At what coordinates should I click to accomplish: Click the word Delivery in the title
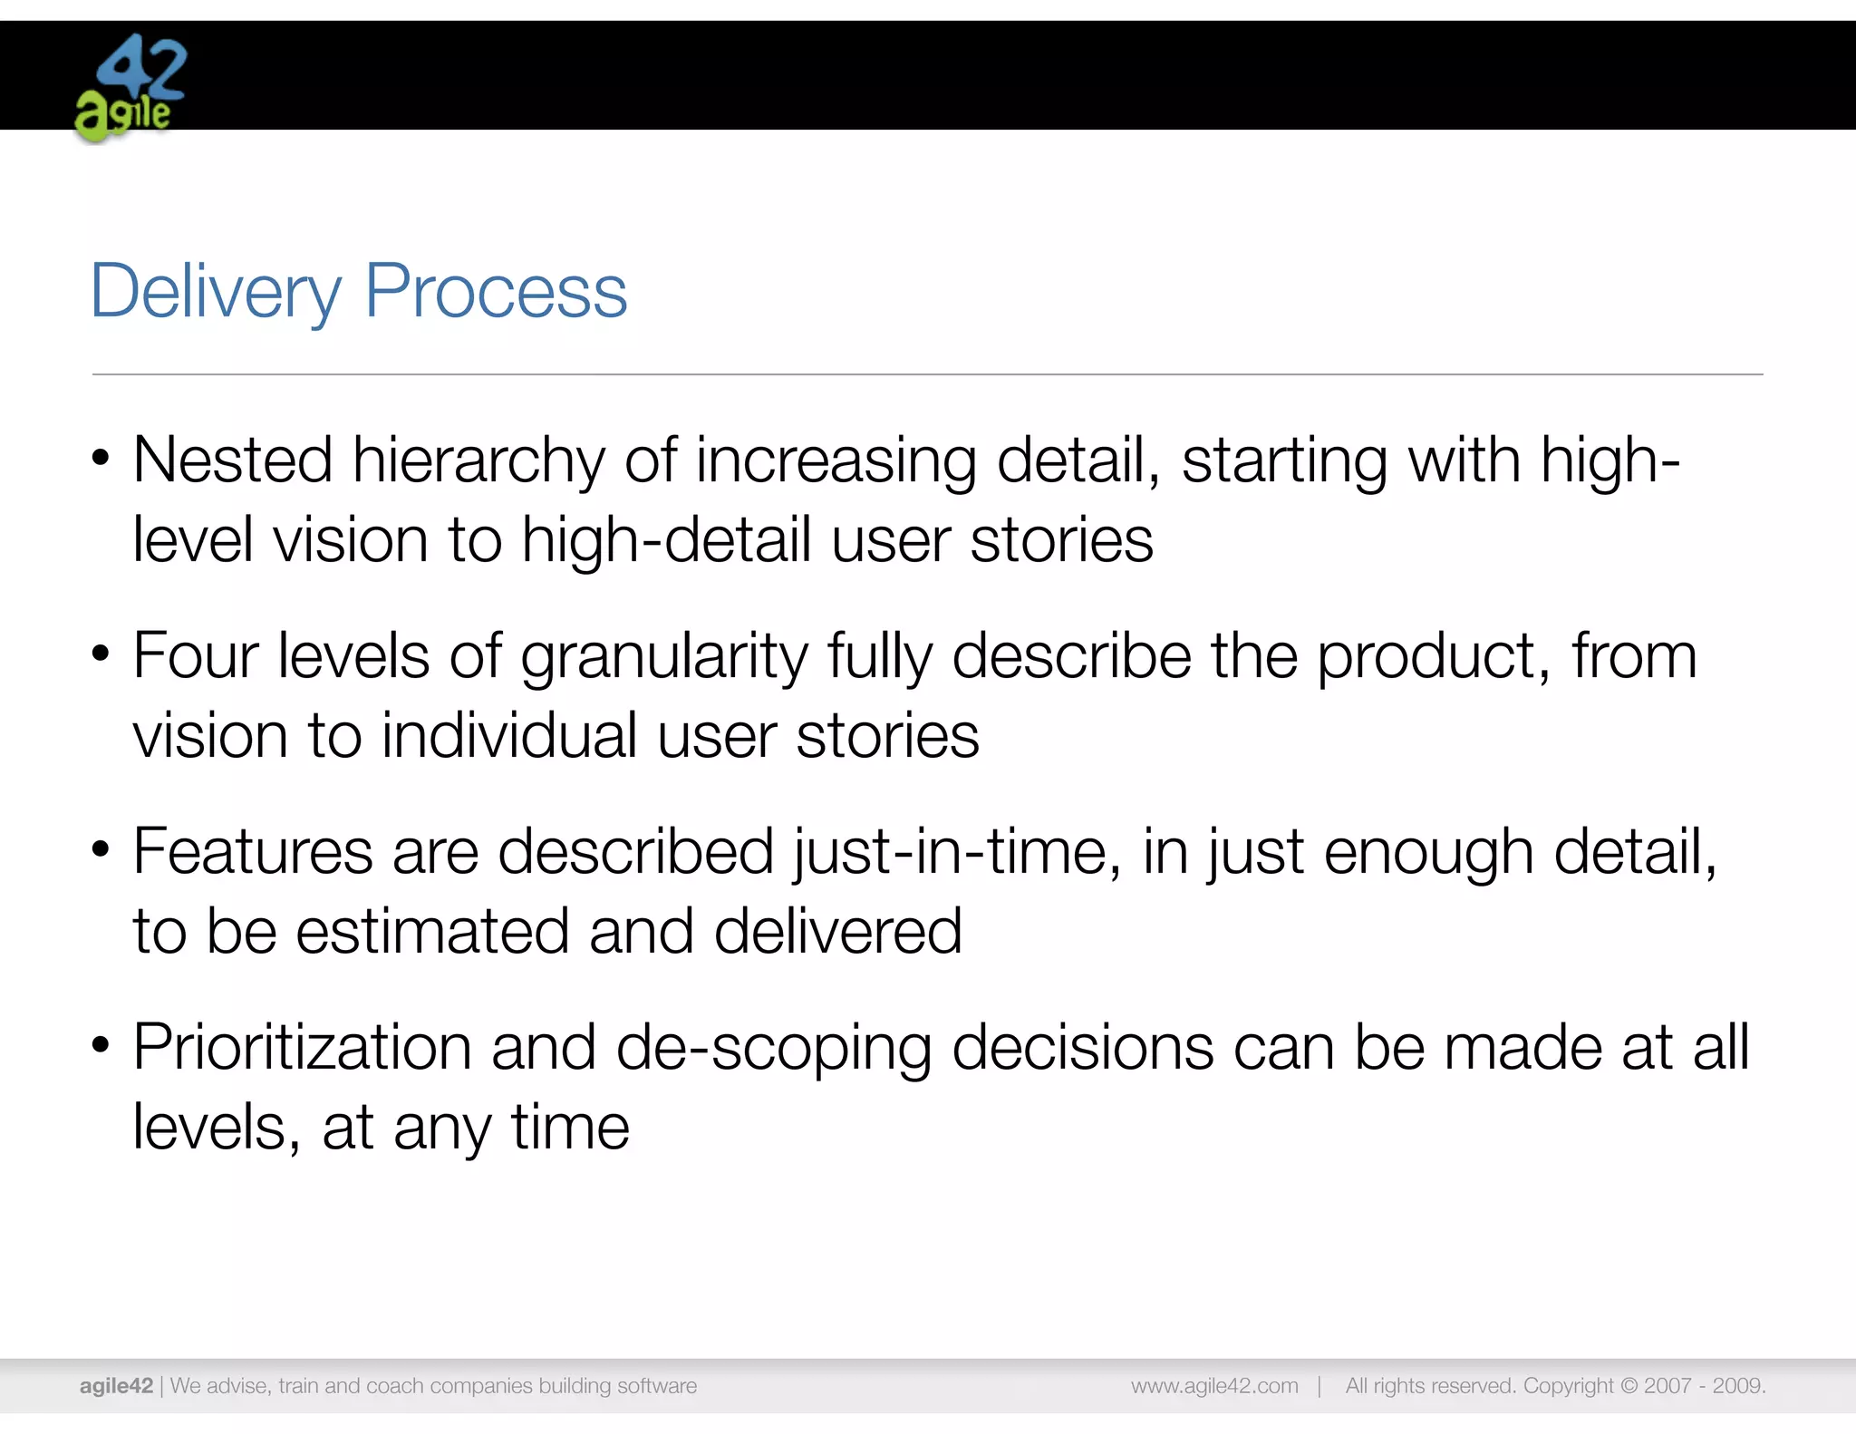[216, 292]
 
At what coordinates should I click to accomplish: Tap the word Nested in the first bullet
[233, 460]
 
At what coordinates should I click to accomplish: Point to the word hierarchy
[478, 460]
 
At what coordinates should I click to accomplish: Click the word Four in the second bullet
[195, 655]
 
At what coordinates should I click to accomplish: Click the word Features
[253, 852]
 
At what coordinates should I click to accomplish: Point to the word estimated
[432, 932]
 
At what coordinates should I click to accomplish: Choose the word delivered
[837, 932]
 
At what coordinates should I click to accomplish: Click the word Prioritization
[302, 1048]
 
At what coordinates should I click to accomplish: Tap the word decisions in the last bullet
[1082, 1048]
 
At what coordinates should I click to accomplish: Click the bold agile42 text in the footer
[116, 1386]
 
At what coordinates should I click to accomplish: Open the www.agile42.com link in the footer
[1214, 1386]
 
